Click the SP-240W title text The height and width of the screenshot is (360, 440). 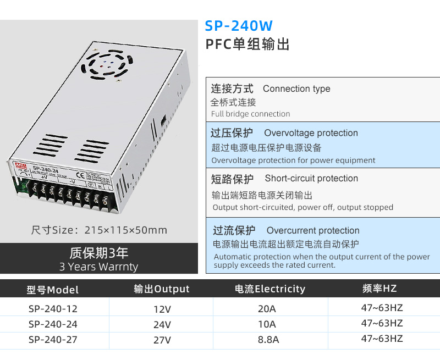[x=238, y=26]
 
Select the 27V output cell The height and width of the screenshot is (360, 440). [x=162, y=340]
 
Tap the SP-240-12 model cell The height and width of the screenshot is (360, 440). [x=53, y=308]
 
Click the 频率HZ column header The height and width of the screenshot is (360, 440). [x=380, y=289]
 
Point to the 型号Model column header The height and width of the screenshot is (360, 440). [x=53, y=290]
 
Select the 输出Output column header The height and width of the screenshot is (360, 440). [x=162, y=289]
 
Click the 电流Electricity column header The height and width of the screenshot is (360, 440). [x=269, y=289]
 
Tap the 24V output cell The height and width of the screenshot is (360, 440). [x=162, y=324]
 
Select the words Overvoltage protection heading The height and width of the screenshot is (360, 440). [x=311, y=133]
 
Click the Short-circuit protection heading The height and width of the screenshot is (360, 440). [x=311, y=179]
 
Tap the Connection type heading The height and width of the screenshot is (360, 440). [x=296, y=89]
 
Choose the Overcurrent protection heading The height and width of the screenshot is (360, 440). [x=313, y=231]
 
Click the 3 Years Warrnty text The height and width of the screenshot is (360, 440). [x=99, y=267]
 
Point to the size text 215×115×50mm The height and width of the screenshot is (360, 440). [x=99, y=230]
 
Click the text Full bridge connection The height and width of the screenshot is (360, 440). [x=251, y=114]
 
